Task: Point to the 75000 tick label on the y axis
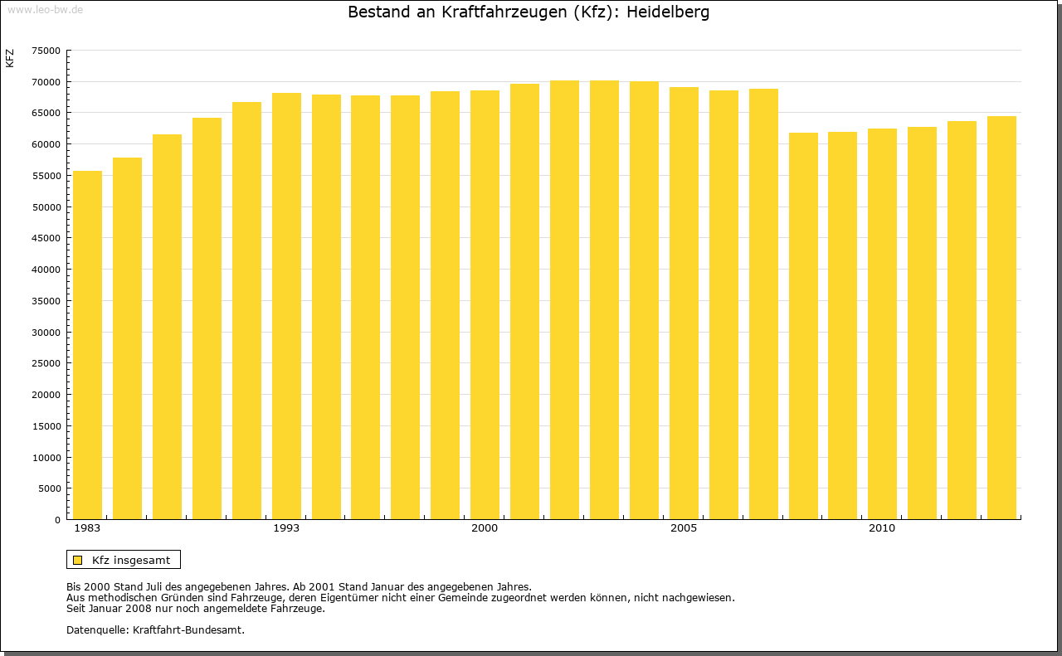coord(46,51)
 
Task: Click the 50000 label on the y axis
coord(46,207)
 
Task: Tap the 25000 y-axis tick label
coord(46,363)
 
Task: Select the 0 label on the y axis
coord(57,520)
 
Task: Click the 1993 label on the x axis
coord(286,528)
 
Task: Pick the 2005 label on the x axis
coord(684,528)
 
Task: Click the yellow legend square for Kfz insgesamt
coord(77,560)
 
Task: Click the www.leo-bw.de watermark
coord(45,8)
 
